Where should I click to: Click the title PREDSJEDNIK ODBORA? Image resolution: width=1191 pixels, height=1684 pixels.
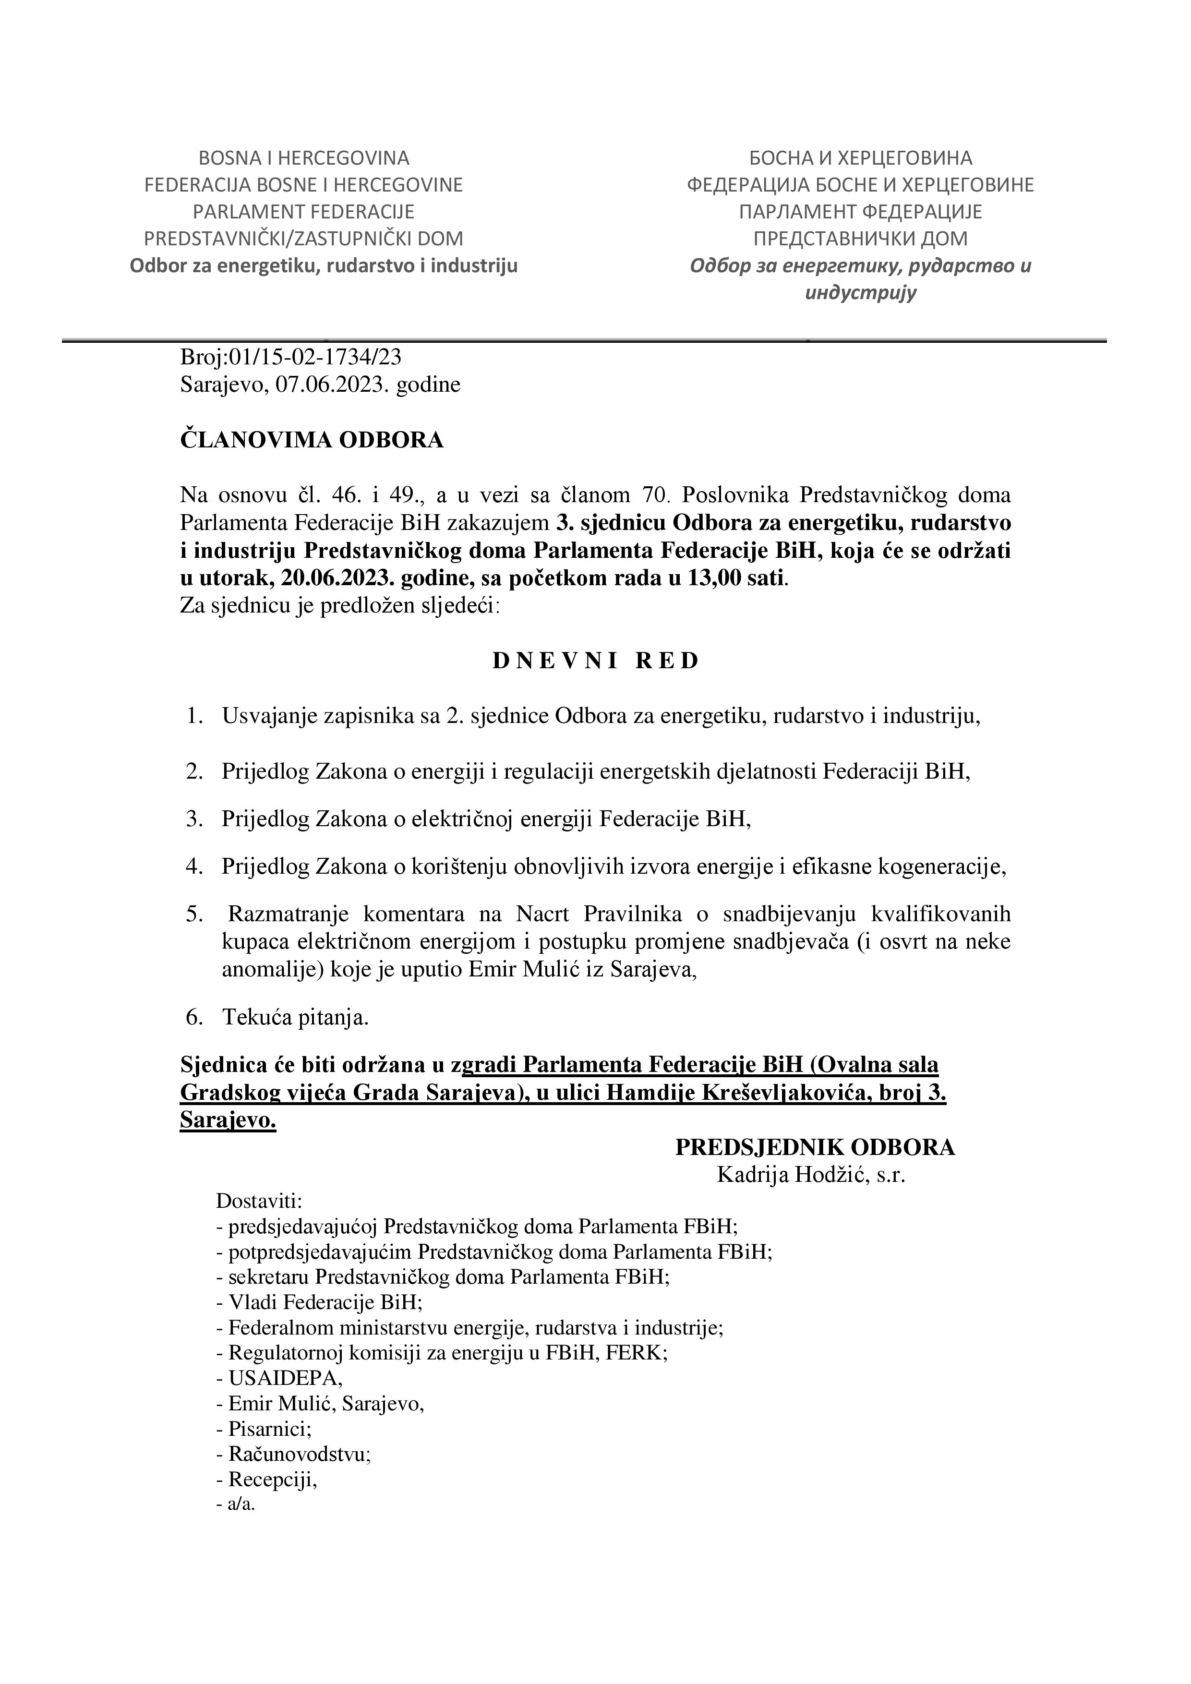(815, 1147)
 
